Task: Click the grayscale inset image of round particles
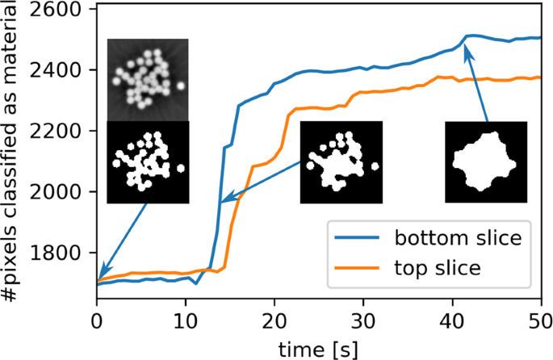pos(148,79)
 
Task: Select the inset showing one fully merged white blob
pos(485,162)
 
